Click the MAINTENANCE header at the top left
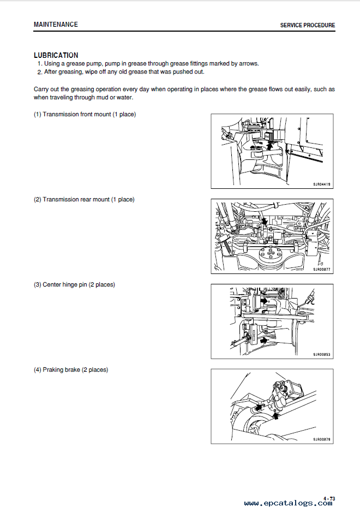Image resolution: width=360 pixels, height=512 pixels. coord(56,25)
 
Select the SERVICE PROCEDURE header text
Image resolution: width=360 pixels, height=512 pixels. coord(307,25)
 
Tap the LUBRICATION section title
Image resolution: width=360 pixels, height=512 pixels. coord(56,55)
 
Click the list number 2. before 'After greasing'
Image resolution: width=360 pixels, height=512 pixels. coord(39,72)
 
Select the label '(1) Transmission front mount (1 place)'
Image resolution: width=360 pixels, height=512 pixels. coord(85,115)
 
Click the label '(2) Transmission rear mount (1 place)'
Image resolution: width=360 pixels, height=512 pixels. coord(84,200)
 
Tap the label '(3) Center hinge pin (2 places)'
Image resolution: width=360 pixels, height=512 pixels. coord(74,285)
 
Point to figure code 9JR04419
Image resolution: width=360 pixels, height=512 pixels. coord(321,184)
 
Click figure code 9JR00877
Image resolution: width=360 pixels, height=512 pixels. coord(321,270)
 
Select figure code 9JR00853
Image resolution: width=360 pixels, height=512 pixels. coord(321,355)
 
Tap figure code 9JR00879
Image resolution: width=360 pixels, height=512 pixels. coord(321,439)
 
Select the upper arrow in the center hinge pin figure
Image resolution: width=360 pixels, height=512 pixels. coord(264,301)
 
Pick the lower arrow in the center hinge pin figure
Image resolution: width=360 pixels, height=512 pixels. coord(264,340)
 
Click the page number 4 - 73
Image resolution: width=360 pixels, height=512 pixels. coord(329,499)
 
